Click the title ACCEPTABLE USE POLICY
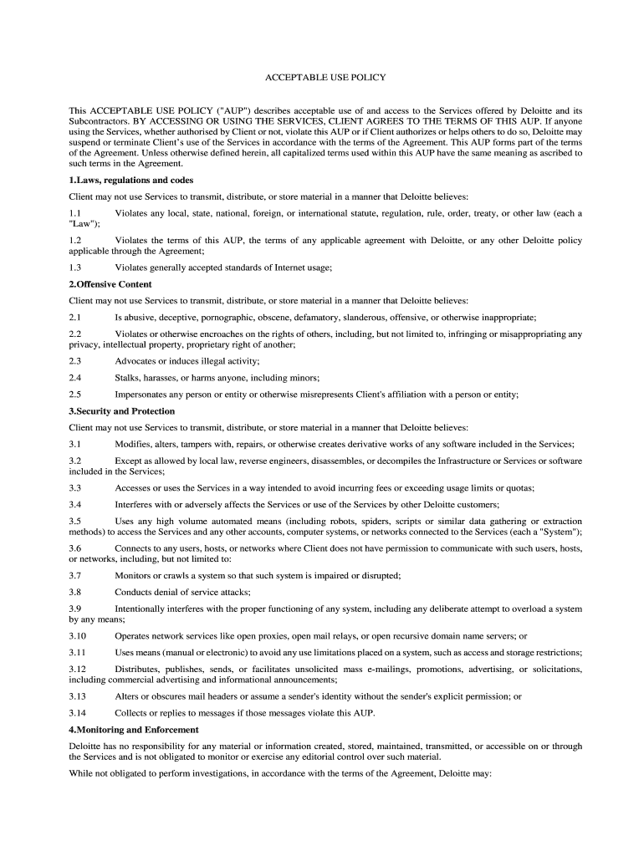[x=325, y=78]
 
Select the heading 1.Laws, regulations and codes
[x=130, y=180]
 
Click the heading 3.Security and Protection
[x=121, y=411]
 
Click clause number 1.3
[x=75, y=267]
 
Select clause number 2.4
[x=75, y=378]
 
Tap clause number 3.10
[x=78, y=635]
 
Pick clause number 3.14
[x=78, y=713]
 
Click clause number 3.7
[x=75, y=575]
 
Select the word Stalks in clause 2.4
[x=128, y=378]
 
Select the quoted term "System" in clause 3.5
[x=553, y=532]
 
